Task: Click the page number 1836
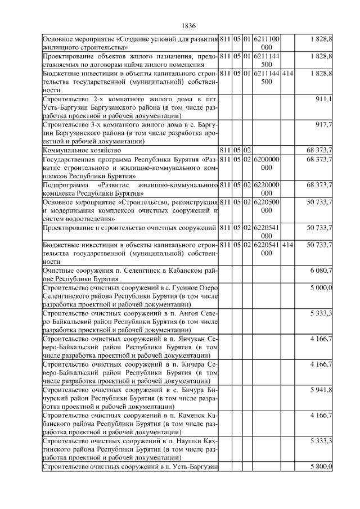(x=188, y=25)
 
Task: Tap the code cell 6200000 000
(x=266, y=163)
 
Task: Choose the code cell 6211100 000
(x=266, y=43)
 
